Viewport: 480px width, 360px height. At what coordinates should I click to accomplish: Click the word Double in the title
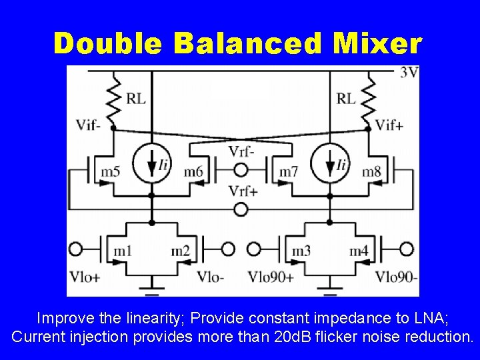click(x=107, y=43)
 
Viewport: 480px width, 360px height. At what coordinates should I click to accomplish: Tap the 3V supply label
click(x=409, y=73)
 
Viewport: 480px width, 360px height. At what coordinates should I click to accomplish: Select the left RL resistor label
click(x=135, y=99)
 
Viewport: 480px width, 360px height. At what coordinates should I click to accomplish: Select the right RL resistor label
click(x=346, y=99)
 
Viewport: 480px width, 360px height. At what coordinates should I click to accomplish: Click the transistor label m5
click(x=111, y=173)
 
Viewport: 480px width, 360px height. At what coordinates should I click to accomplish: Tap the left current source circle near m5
click(x=151, y=163)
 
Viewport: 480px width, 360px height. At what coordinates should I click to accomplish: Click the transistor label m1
click(x=123, y=251)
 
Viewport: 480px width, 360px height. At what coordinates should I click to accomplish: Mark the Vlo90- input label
click(x=396, y=276)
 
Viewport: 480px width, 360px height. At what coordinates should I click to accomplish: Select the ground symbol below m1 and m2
click(x=152, y=291)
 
